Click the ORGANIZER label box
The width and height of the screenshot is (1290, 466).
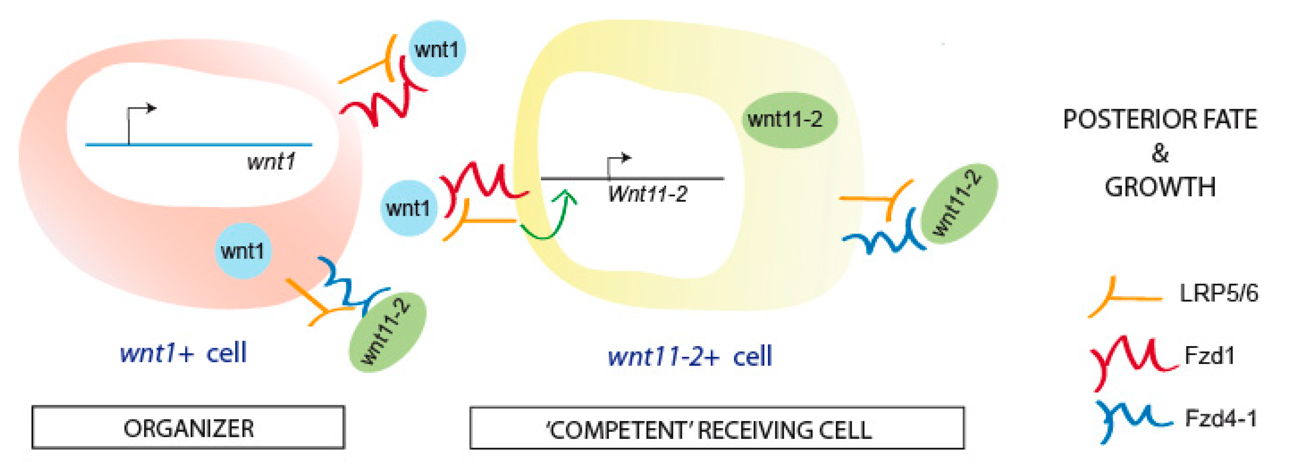coord(188,428)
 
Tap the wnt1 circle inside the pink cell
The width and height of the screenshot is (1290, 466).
coord(243,251)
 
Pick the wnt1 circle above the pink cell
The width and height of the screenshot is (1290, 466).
coord(436,49)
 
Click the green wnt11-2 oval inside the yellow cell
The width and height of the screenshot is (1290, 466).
coord(785,119)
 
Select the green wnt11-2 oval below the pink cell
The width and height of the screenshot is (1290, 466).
coord(387,332)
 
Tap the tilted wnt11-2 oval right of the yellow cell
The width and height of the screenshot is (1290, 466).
coord(958,203)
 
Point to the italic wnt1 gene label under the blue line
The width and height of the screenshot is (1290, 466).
coord(271,162)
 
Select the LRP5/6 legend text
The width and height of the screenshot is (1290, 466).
coord(1218,293)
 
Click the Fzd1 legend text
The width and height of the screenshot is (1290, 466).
coord(1209,356)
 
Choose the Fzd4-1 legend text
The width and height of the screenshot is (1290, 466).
coord(1220,418)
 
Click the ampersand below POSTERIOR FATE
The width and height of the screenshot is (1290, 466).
coord(1160,153)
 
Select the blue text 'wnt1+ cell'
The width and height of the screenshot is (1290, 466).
coord(183,353)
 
